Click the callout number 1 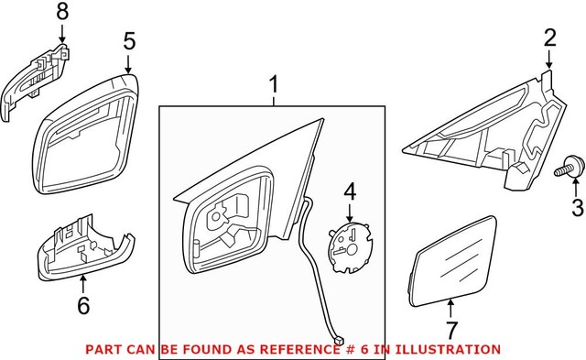(272, 85)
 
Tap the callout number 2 (549, 38)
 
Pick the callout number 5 (129, 40)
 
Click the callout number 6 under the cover (83, 306)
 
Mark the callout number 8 (62, 12)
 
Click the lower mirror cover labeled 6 (82, 247)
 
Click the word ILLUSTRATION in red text (454, 349)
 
